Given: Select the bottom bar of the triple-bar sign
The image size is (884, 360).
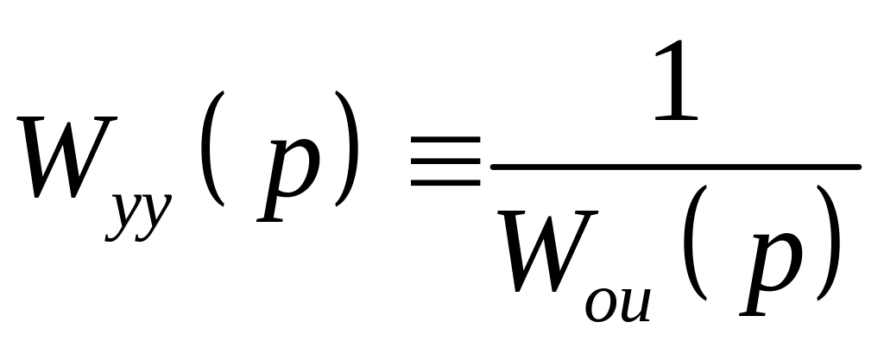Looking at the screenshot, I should click(x=445, y=182).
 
